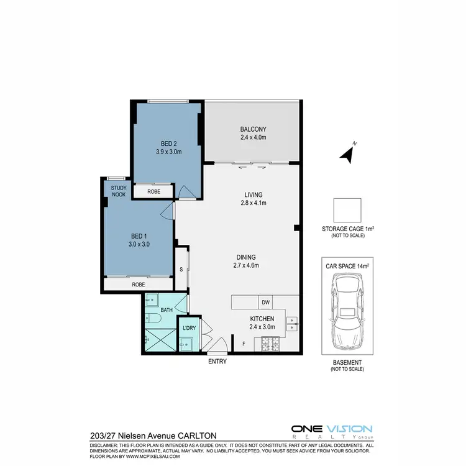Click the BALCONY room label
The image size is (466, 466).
[x=253, y=129]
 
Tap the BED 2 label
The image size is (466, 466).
[x=168, y=142]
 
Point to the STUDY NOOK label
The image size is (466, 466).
[x=118, y=191]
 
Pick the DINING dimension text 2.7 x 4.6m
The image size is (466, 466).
[x=245, y=265]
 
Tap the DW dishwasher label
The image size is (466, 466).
[x=265, y=303]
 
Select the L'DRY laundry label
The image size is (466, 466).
[x=189, y=327]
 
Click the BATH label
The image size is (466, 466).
[x=167, y=309]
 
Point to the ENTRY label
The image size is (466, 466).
[x=217, y=361]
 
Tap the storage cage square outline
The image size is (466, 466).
[x=347, y=210]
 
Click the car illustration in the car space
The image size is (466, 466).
[x=347, y=311]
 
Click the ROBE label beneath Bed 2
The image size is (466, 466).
[x=154, y=192]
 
